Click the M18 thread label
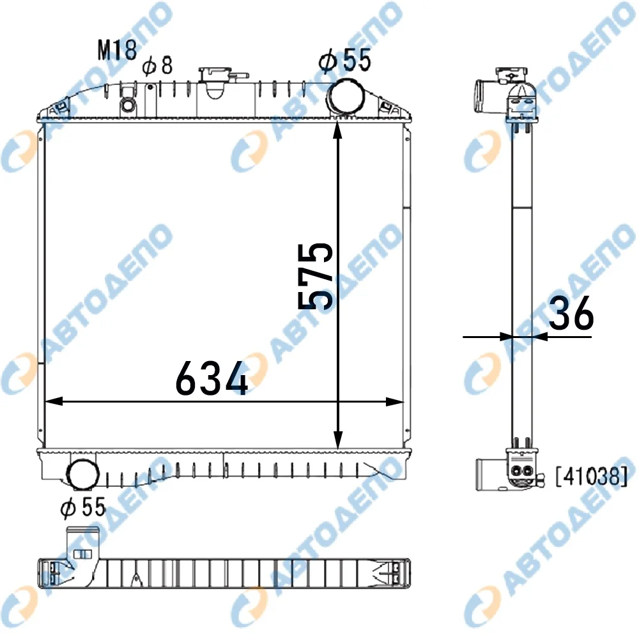click(117, 50)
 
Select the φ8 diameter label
click(157, 65)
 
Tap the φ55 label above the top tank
click(345, 60)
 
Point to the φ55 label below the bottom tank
click(83, 507)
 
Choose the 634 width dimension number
click(212, 378)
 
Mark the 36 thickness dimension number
click(571, 312)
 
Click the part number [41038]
click(592, 477)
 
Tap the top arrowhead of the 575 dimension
click(337, 130)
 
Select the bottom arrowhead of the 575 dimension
click(338, 442)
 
